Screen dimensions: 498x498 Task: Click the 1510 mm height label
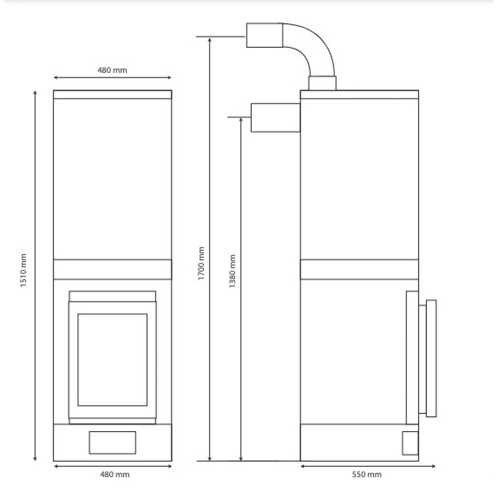coord(23,270)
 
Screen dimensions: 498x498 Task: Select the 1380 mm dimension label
coord(232,271)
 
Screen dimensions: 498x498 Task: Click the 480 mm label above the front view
coord(112,70)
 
